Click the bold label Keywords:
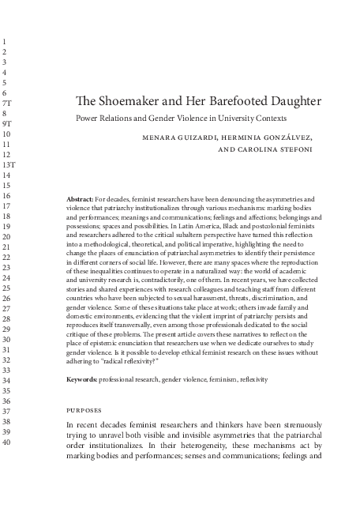coord(81,379)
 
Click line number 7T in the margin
coord(7,104)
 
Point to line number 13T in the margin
coord(9,164)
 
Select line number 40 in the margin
coord(7,442)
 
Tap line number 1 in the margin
coord(5,41)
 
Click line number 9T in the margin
coord(7,124)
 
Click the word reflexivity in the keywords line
coord(253,379)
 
